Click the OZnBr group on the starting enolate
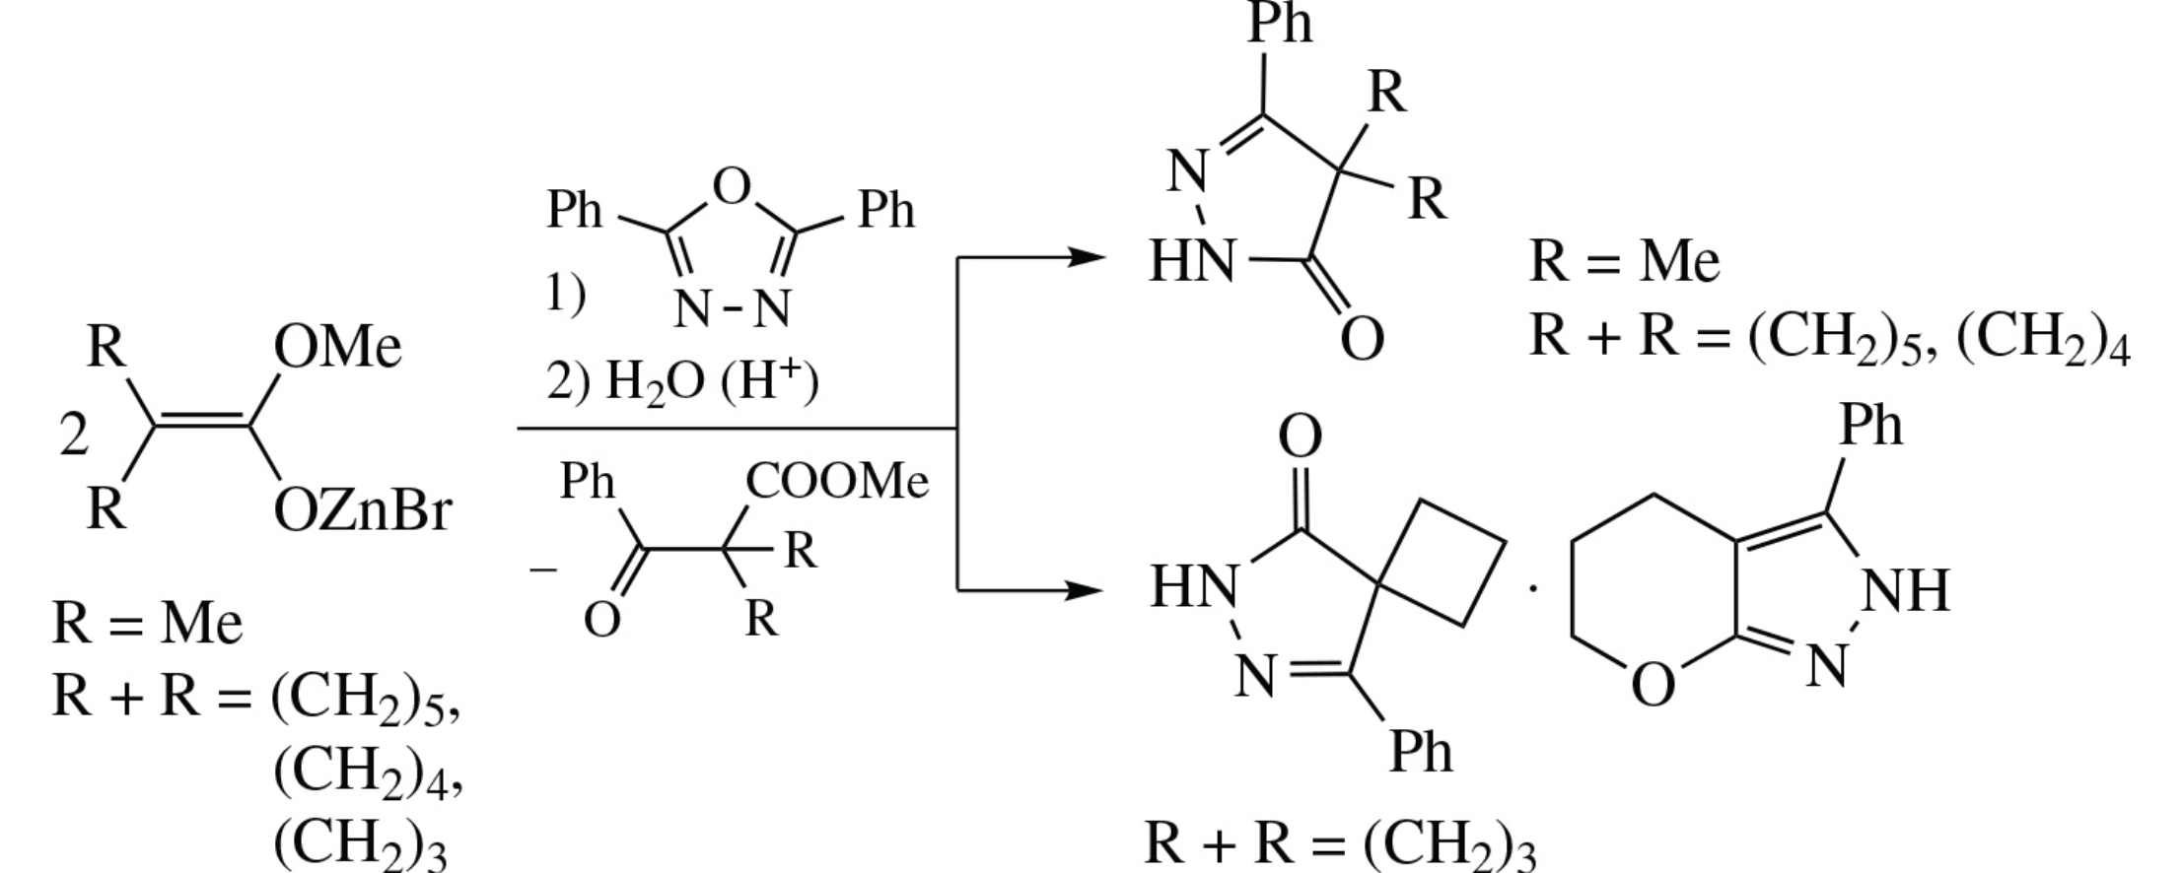tap(362, 510)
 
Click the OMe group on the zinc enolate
tap(338, 347)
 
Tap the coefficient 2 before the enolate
tap(73, 435)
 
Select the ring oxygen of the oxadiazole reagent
tap(731, 185)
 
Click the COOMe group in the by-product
tap(837, 482)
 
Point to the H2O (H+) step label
tap(682, 381)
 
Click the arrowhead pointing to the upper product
tap(1084, 258)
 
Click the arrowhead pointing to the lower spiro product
tap(1084, 591)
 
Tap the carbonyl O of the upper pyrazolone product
tap(1362, 340)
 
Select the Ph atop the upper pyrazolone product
tap(1280, 23)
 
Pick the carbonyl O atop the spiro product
tap(1300, 437)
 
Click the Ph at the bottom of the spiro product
tap(1420, 751)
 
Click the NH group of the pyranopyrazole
tap(1906, 591)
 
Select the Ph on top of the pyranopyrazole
tap(1870, 426)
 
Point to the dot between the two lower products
tap(1532, 589)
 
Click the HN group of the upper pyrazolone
tap(1192, 263)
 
